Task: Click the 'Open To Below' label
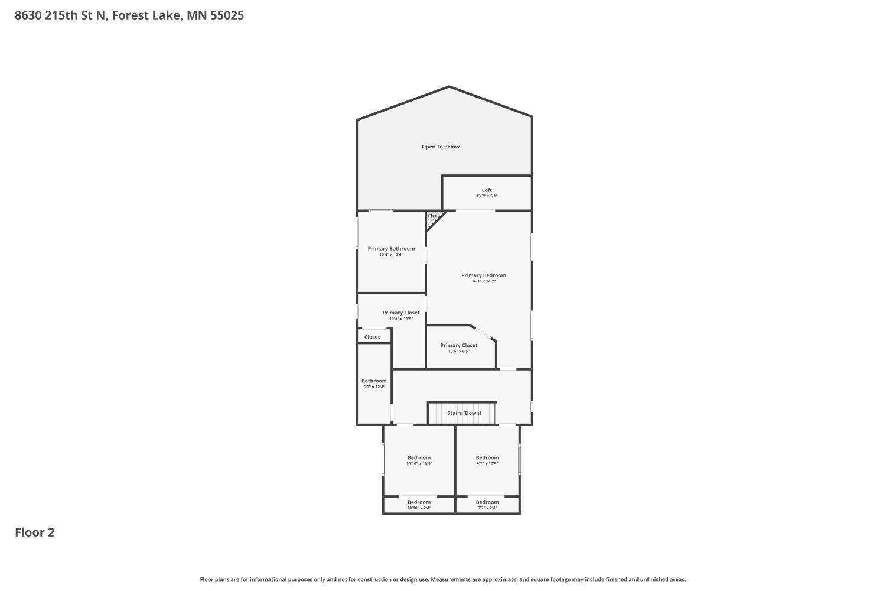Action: click(440, 147)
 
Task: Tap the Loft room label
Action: click(487, 190)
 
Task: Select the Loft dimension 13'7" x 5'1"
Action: click(487, 196)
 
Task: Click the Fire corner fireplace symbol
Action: click(433, 217)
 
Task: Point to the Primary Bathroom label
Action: click(391, 249)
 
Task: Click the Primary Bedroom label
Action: click(483, 275)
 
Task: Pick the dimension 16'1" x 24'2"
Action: click(483, 282)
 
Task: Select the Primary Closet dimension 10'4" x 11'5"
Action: click(401, 319)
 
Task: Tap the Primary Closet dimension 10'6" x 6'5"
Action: click(458, 352)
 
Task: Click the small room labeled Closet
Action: click(372, 337)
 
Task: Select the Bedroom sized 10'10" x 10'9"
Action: click(419, 460)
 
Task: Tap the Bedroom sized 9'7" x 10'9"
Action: click(487, 460)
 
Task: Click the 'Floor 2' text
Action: click(35, 532)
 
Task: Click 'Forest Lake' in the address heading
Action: click(146, 15)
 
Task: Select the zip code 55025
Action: click(227, 15)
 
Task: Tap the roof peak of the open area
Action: click(449, 87)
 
